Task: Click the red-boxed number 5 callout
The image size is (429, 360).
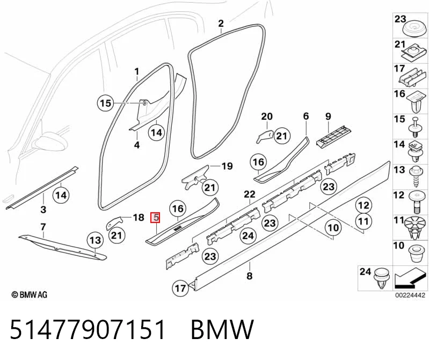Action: tap(156, 218)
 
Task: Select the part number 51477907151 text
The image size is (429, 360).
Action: tap(88, 329)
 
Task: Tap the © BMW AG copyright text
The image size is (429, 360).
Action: tap(30, 294)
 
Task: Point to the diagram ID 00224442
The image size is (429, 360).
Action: tap(410, 295)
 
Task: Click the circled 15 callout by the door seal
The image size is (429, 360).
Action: tap(106, 103)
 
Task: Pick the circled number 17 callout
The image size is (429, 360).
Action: tap(180, 288)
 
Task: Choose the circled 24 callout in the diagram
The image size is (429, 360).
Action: tap(248, 235)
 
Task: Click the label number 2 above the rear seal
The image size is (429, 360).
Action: tap(221, 23)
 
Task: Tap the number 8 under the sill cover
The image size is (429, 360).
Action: tap(249, 276)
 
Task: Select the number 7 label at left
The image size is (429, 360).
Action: tap(43, 227)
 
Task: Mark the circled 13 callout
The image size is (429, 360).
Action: tap(95, 240)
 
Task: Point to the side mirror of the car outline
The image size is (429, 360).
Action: tap(50, 142)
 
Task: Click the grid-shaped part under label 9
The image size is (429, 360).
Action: tap(333, 136)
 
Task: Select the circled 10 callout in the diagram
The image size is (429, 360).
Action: tap(333, 228)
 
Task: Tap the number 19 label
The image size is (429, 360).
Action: tap(227, 166)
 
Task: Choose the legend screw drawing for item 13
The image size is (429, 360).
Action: tap(416, 177)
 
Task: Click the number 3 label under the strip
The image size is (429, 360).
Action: tap(43, 210)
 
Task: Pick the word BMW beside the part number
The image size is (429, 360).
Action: tap(222, 329)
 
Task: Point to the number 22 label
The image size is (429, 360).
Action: tap(250, 195)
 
